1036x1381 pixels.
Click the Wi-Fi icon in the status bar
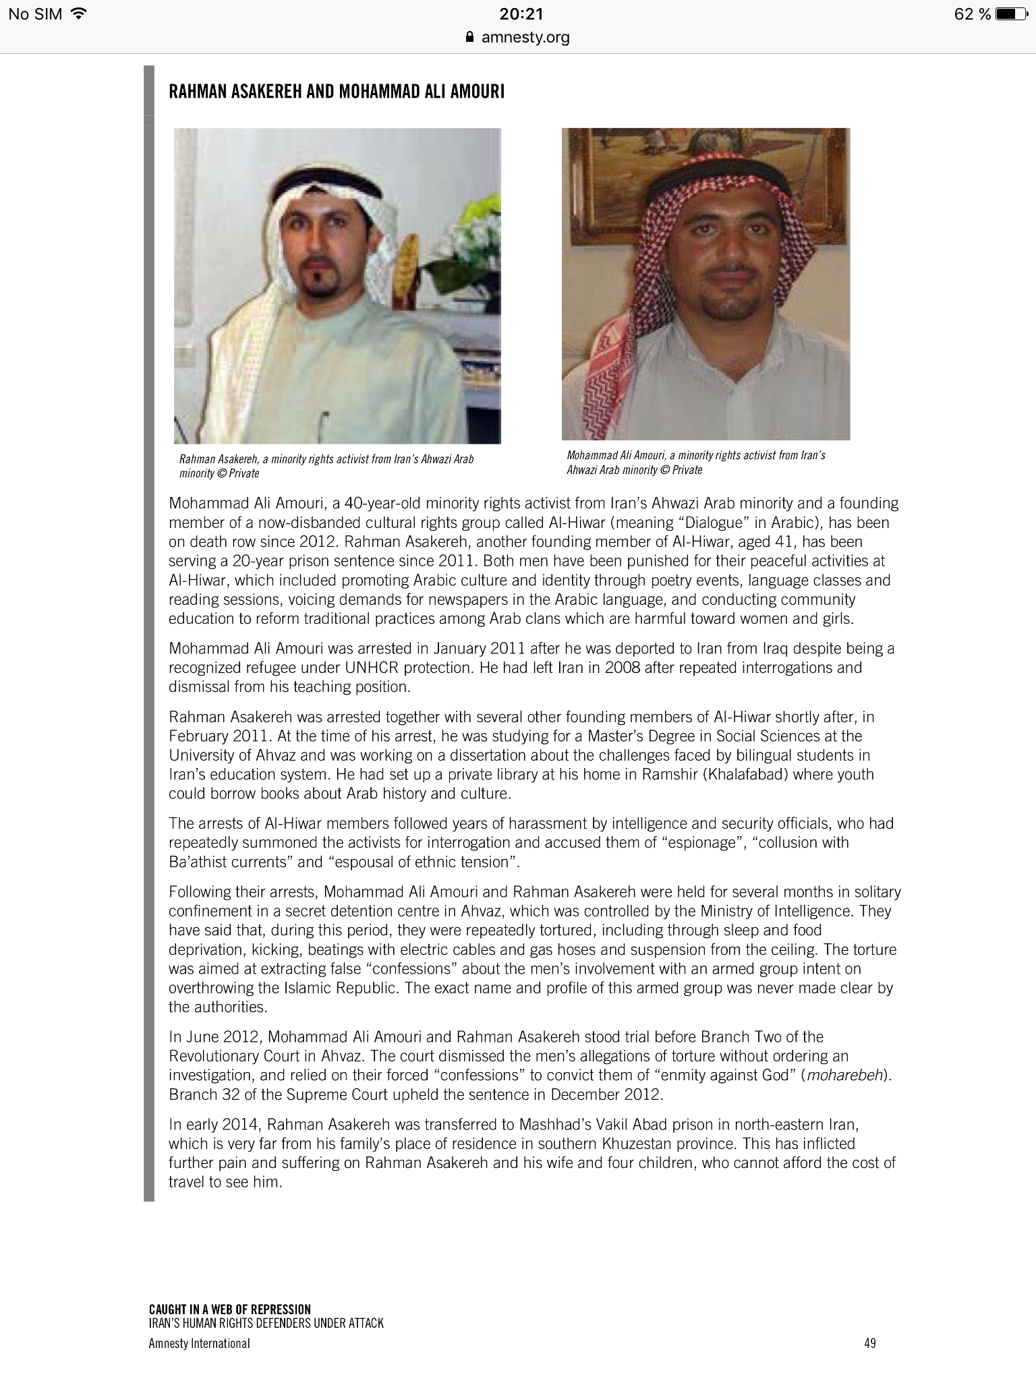point(79,13)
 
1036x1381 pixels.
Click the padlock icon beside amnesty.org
point(471,38)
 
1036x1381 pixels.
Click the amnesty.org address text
point(525,38)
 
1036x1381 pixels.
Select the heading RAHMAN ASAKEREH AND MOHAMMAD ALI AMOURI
point(337,92)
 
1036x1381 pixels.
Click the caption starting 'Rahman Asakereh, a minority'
point(326,466)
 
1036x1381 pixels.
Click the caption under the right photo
point(696,463)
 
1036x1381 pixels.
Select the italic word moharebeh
point(845,1075)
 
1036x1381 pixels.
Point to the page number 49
point(869,1343)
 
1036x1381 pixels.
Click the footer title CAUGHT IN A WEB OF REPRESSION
point(230,1310)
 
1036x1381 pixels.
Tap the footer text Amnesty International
point(199,1343)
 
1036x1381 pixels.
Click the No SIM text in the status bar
point(35,14)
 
